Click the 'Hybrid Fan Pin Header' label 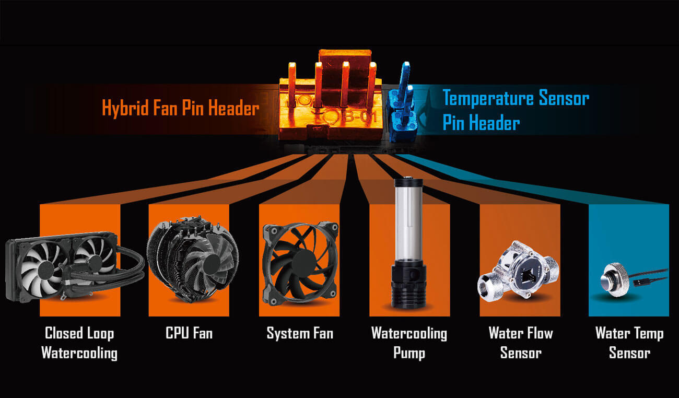click(x=181, y=107)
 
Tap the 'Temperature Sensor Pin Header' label click(x=516, y=110)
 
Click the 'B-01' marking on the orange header click(x=361, y=116)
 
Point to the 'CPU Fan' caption click(x=189, y=333)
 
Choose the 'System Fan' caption click(x=300, y=333)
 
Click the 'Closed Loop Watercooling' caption click(x=79, y=343)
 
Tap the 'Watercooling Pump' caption click(x=409, y=343)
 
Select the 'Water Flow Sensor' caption click(x=521, y=343)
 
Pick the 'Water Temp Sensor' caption click(x=629, y=343)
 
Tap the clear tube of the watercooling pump click(x=408, y=221)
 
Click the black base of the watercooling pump click(x=408, y=286)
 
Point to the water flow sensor click(x=518, y=271)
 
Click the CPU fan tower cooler click(x=193, y=259)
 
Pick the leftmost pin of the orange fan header click(x=292, y=84)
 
